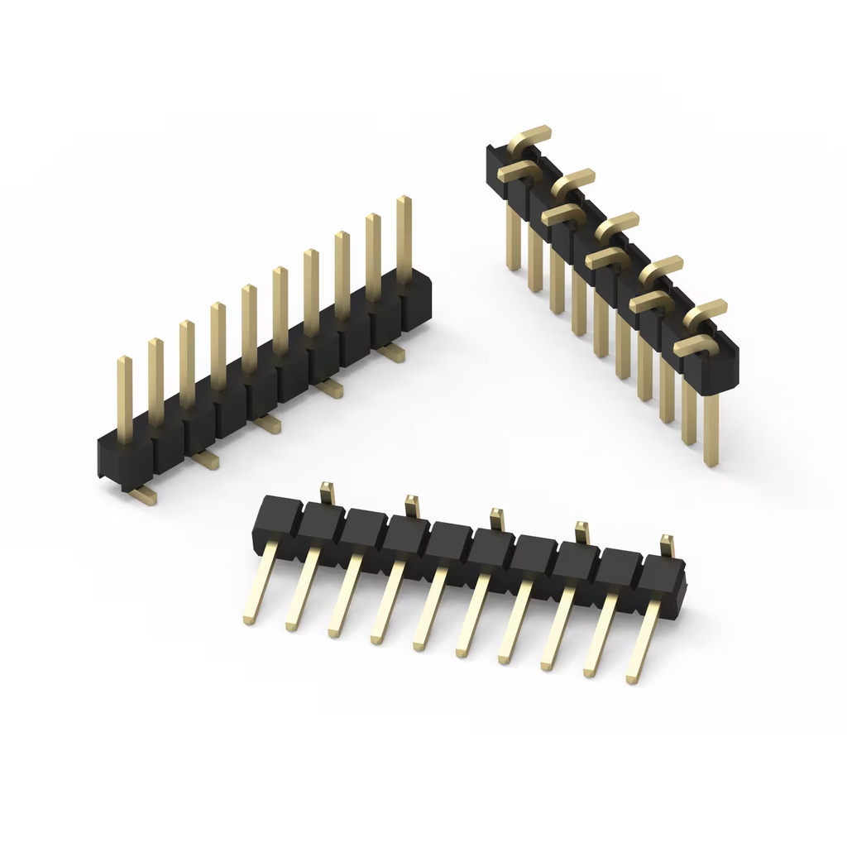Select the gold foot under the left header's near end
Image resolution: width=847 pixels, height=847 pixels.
(x=143, y=494)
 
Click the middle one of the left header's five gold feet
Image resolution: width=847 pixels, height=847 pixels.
(x=268, y=423)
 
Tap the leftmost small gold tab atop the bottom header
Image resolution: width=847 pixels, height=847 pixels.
(x=326, y=491)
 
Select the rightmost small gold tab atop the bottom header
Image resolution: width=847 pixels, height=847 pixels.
(x=667, y=545)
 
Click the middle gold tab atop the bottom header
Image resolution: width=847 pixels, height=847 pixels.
(x=496, y=519)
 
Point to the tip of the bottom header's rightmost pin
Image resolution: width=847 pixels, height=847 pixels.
(x=632, y=678)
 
